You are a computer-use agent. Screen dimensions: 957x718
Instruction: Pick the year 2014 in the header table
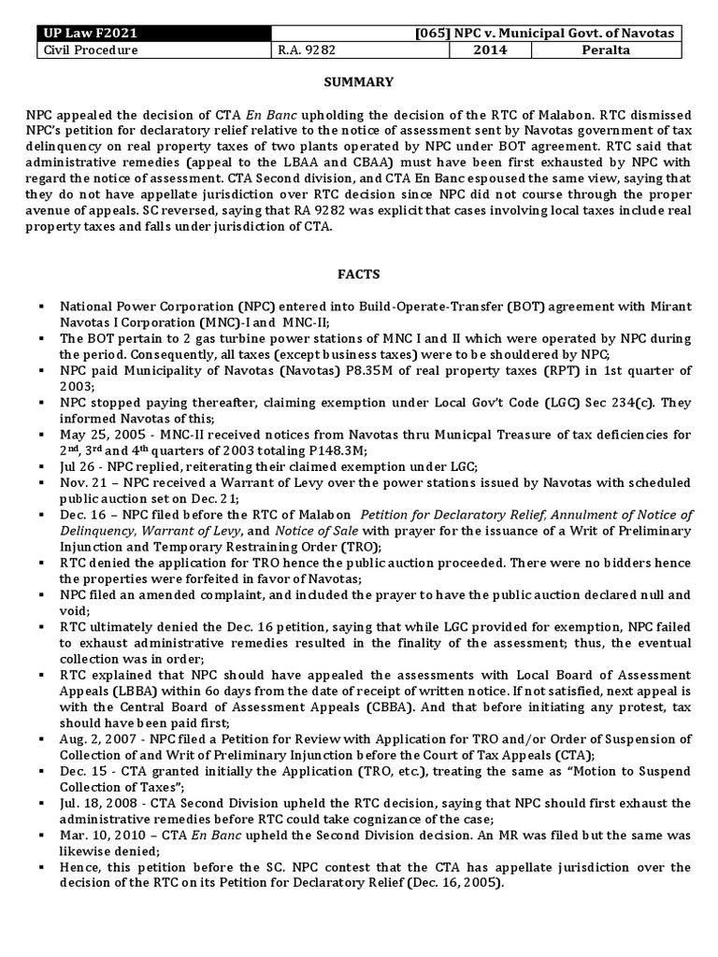click(x=486, y=50)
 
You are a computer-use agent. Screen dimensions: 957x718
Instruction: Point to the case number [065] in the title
click(x=435, y=35)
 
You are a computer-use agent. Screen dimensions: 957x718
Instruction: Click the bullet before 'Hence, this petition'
click(x=43, y=867)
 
